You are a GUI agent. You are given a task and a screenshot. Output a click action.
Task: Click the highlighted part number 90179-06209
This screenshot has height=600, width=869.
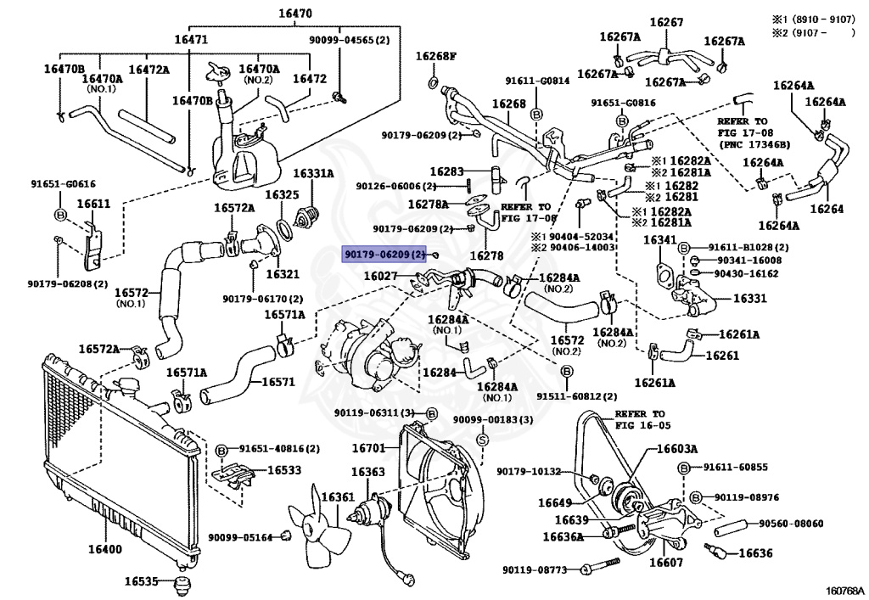[385, 255]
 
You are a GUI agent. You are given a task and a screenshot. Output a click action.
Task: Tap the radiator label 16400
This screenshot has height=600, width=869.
[104, 549]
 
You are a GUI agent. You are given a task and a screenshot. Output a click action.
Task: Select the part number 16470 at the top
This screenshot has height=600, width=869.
[294, 14]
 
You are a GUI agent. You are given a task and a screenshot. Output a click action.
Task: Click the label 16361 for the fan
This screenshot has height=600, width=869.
[338, 497]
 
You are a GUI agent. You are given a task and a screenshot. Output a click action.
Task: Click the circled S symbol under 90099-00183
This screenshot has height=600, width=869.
[482, 440]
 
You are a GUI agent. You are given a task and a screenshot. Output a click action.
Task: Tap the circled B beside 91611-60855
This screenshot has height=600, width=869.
[683, 468]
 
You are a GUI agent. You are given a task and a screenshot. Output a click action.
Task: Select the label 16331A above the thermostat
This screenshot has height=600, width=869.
[313, 173]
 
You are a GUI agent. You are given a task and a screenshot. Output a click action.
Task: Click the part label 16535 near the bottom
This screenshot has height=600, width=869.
[141, 581]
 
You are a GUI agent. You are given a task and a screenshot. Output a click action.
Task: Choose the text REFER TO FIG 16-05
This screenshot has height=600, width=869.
[643, 419]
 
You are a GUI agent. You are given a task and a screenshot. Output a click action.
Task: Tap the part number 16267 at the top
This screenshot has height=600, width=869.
[666, 22]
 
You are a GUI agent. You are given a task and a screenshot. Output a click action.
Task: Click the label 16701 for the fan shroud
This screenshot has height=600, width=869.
[368, 447]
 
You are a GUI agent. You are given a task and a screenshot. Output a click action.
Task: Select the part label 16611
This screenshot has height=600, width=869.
[93, 204]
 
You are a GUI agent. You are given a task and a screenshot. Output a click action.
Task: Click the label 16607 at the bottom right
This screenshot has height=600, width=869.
[666, 563]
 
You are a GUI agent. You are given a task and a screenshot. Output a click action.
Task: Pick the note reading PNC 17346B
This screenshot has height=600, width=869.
[754, 144]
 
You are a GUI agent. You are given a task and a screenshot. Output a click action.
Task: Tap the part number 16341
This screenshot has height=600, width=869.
[660, 240]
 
